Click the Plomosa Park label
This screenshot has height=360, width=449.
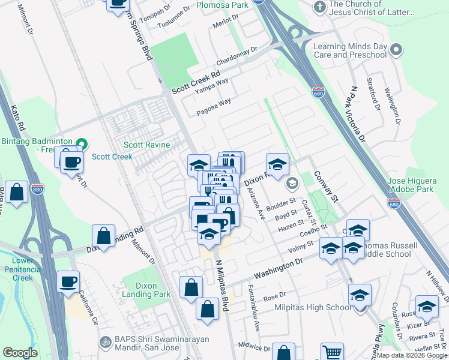click(222, 5)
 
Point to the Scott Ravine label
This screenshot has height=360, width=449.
click(147, 145)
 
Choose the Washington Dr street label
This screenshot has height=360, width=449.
click(276, 269)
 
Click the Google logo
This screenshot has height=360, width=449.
click(20, 353)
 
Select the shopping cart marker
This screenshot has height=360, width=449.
click(332, 352)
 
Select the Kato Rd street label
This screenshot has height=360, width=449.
click(17, 118)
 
